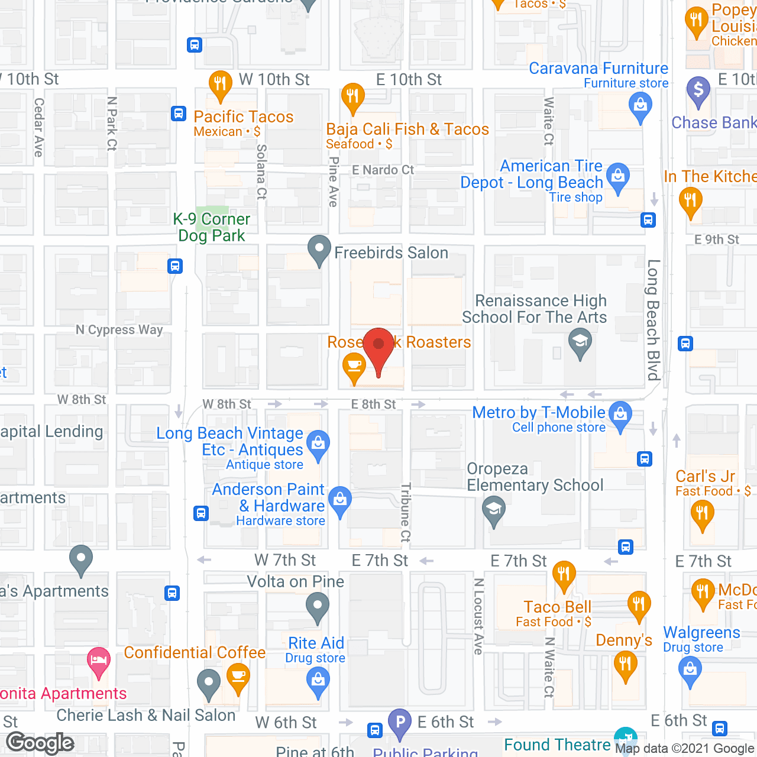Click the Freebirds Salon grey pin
(x=319, y=250)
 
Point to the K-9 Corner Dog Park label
(x=212, y=227)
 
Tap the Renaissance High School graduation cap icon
(x=580, y=342)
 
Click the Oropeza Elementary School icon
(x=494, y=509)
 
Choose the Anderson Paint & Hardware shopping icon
(x=340, y=500)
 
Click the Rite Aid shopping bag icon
(x=318, y=681)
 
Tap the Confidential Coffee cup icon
(x=238, y=676)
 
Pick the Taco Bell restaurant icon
(x=564, y=574)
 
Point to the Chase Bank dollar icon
(x=698, y=90)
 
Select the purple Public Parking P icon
(x=400, y=722)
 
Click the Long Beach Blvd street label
(x=653, y=319)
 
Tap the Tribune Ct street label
(x=406, y=512)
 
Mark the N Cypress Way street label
(x=119, y=329)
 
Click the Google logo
(x=40, y=743)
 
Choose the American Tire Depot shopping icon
(x=618, y=177)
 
